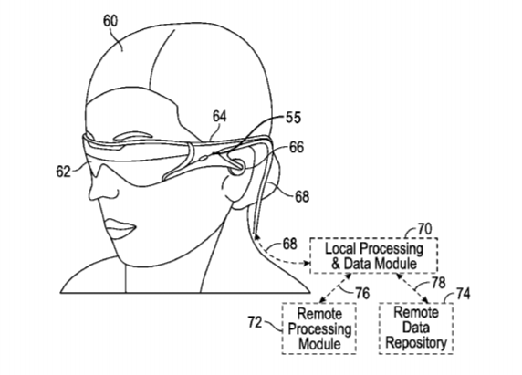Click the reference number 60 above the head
[110, 21]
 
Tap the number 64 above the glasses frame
[220, 117]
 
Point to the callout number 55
[293, 118]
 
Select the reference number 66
[297, 147]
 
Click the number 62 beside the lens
[63, 172]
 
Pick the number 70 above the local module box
[424, 229]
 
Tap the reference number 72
[255, 322]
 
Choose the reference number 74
[463, 294]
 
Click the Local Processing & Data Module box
[374, 255]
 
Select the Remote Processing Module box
[319, 328]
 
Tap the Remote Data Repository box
[416, 328]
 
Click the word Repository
[416, 343]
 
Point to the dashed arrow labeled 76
[335, 288]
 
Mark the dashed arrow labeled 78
[412, 288]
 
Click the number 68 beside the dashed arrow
[289, 244]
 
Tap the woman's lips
[120, 227]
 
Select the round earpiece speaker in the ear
[237, 165]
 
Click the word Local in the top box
[341, 248]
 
